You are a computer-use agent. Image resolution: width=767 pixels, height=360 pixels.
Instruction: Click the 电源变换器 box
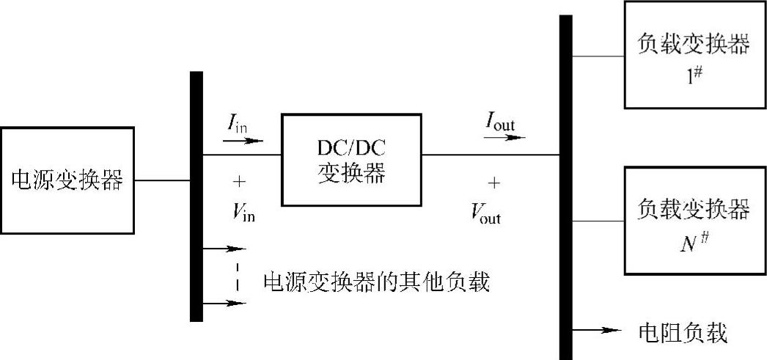click(x=67, y=180)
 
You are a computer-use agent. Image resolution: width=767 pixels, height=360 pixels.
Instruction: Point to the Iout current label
click(x=499, y=122)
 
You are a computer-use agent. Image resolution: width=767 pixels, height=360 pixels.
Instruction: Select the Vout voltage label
click(x=486, y=213)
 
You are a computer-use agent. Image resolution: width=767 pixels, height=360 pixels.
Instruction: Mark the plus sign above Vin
click(x=239, y=180)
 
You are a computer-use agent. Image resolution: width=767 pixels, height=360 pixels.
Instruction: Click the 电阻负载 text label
click(x=683, y=334)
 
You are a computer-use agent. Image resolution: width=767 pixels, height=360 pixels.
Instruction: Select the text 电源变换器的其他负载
click(x=375, y=282)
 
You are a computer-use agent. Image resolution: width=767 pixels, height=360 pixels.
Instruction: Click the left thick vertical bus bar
click(x=196, y=196)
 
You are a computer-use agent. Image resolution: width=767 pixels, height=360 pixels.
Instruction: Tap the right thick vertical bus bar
click(x=565, y=187)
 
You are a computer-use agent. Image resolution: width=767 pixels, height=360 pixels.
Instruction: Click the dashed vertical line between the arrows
click(x=237, y=276)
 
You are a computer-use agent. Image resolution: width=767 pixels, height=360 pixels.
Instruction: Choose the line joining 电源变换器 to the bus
click(x=162, y=180)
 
